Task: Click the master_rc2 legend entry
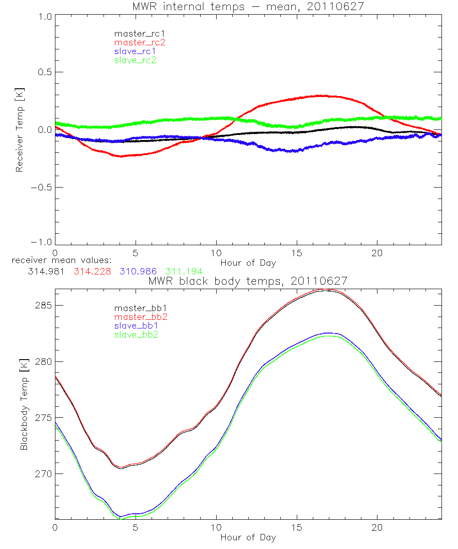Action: click(x=140, y=43)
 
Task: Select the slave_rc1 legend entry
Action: click(x=135, y=51)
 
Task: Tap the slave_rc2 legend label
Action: click(x=135, y=60)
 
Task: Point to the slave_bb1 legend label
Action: click(x=135, y=326)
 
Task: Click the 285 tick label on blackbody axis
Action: click(x=43, y=305)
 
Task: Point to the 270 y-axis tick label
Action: click(x=43, y=474)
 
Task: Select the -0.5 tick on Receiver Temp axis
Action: click(x=41, y=187)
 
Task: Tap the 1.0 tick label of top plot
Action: click(x=44, y=16)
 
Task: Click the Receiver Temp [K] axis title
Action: click(x=19, y=129)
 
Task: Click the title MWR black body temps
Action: click(x=248, y=281)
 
